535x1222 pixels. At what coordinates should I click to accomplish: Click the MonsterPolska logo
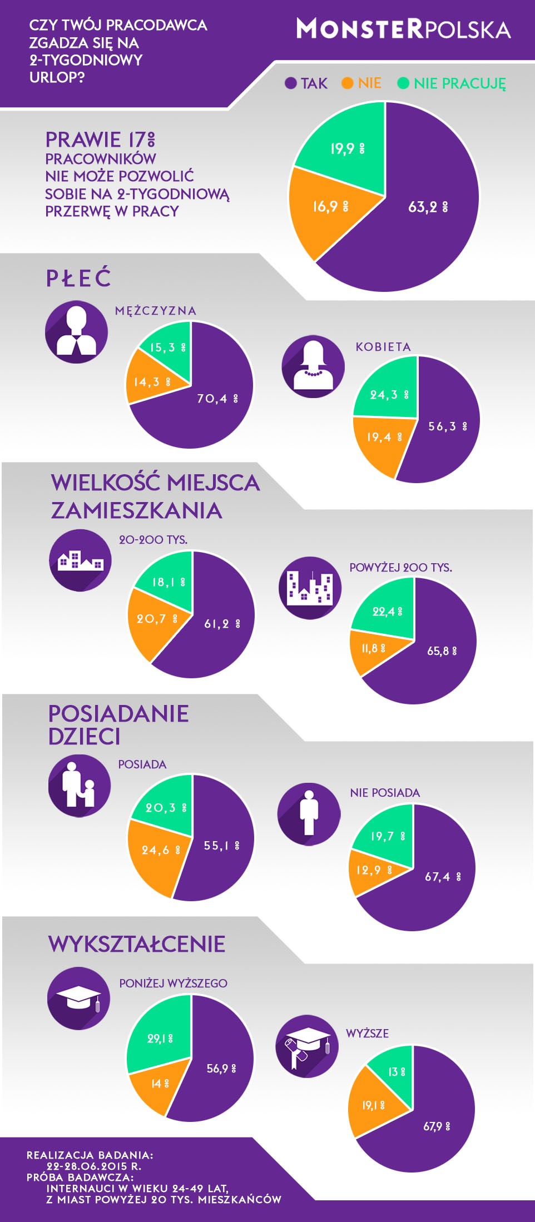click(x=403, y=29)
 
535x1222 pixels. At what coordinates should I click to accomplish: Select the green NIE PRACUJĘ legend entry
click(x=452, y=83)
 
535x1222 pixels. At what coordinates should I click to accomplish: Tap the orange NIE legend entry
click(x=362, y=83)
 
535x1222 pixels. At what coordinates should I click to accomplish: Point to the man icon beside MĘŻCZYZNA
click(x=76, y=332)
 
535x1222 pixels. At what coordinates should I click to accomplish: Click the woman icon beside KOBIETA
click(x=313, y=366)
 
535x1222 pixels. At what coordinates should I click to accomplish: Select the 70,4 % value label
click(x=217, y=399)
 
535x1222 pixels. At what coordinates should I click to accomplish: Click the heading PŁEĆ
click(x=78, y=278)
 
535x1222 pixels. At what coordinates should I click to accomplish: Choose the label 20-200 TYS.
click(x=153, y=540)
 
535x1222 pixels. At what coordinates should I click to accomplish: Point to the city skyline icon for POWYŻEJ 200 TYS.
click(x=309, y=588)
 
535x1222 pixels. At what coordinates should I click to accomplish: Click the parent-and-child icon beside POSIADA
click(x=79, y=785)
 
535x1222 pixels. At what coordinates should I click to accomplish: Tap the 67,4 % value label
click(x=443, y=877)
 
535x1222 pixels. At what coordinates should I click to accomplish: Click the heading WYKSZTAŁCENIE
click(x=137, y=944)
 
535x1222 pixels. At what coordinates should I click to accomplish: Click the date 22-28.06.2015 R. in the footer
click(x=93, y=1166)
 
